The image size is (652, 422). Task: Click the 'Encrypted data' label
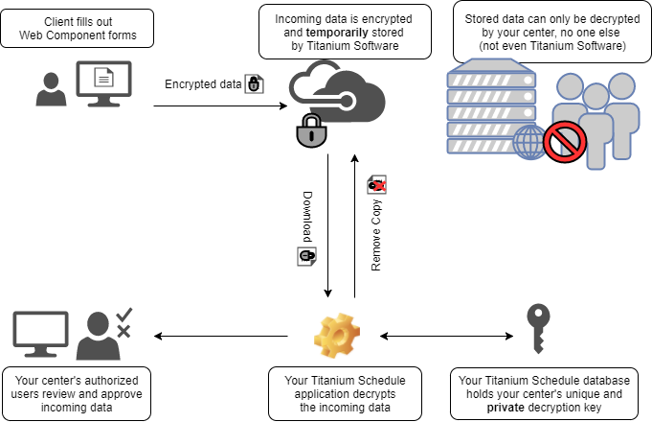point(203,84)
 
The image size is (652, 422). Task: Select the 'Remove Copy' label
point(376,236)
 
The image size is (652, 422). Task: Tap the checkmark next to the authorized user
point(124,316)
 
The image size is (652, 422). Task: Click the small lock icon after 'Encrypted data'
point(254,84)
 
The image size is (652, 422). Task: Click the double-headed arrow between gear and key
point(445,336)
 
